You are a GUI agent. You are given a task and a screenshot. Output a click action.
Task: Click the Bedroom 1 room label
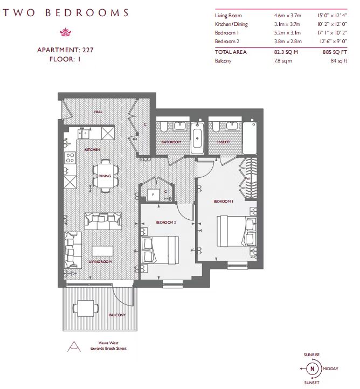click(223, 201)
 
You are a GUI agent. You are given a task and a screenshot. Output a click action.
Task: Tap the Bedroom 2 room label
click(166, 223)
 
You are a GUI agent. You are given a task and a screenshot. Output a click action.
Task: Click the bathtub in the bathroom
click(197, 138)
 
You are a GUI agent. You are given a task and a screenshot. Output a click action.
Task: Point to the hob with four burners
click(70, 158)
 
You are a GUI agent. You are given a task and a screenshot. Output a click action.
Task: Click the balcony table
click(86, 308)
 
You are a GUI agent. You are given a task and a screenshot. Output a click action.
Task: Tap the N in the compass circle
click(312, 369)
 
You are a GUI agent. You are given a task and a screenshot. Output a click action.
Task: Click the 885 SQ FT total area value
click(335, 52)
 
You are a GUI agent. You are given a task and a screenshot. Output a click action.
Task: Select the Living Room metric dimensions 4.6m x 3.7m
click(288, 16)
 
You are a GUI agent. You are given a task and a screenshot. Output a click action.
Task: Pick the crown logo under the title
click(66, 32)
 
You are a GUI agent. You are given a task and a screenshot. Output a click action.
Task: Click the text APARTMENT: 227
click(65, 50)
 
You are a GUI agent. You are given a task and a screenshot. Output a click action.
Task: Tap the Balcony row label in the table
click(223, 61)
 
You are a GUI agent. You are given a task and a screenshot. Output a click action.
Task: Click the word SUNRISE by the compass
click(311, 355)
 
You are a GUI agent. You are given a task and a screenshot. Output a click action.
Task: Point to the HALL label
click(98, 112)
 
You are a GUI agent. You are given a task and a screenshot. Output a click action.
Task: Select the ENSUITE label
click(223, 142)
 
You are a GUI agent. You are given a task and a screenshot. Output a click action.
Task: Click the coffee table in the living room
click(102, 251)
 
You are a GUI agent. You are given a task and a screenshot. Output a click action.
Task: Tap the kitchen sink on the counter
click(84, 134)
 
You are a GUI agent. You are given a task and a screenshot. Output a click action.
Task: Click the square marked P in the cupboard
click(153, 194)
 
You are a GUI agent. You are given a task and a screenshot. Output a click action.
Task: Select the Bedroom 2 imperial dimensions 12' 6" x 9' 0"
click(334, 41)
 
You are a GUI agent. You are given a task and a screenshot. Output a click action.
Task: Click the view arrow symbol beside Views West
click(74, 346)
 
